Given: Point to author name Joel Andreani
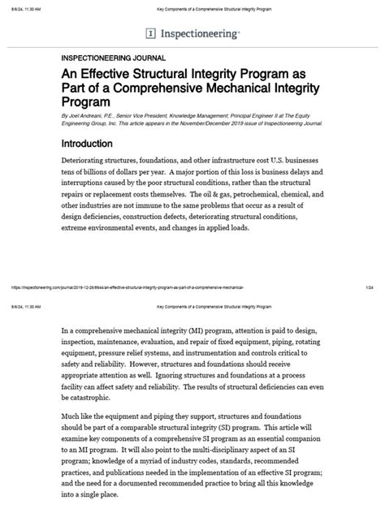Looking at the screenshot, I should pos(89,116).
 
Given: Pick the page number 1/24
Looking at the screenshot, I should pos(369,287).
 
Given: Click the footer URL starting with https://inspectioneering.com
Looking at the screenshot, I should pos(122,287).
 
